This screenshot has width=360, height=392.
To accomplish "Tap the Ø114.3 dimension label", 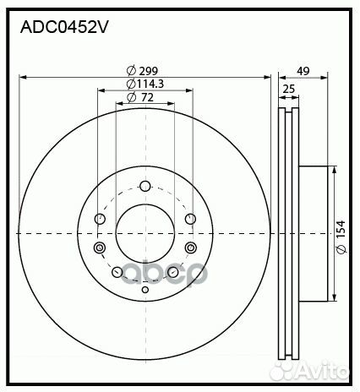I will coord(145,84).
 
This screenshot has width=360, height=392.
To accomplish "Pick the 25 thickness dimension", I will coord(288,90).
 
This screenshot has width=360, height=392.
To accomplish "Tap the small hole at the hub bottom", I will coord(145,291).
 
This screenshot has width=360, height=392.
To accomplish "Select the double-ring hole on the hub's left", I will coord(100,248).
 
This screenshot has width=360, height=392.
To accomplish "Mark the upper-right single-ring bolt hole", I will coord(189,220).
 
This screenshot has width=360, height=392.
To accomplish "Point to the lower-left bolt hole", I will coord(117,272).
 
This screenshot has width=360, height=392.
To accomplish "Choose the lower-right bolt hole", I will coord(172,272).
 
